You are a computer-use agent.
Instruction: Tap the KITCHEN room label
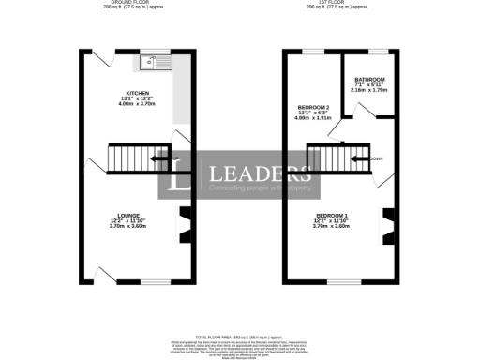click(x=138, y=93)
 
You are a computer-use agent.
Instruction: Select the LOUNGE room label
click(x=128, y=215)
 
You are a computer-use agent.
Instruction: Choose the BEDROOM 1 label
click(x=335, y=215)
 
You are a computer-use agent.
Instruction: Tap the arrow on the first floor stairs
click(x=359, y=158)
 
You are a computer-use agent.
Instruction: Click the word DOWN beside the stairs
click(x=377, y=158)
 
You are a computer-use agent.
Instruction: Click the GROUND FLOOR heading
click(x=128, y=3)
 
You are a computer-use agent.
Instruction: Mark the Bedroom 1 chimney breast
click(x=385, y=225)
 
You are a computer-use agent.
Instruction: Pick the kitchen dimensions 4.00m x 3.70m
click(x=138, y=104)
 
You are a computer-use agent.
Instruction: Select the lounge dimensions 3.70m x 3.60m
click(x=128, y=226)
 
